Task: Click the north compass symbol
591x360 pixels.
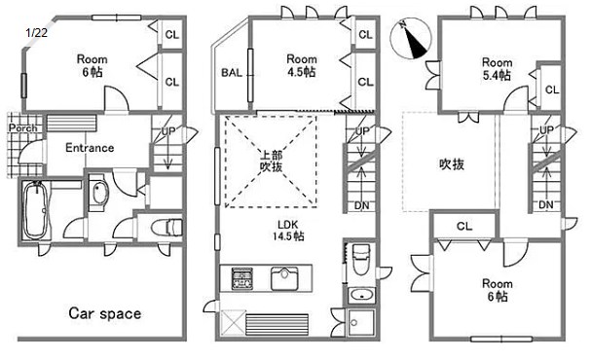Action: point(412,39)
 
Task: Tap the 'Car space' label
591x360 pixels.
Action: point(104,313)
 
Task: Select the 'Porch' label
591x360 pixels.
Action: point(21,127)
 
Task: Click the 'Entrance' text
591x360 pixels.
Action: point(90,148)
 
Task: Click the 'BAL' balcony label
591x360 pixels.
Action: point(232,73)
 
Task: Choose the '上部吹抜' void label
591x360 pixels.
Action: point(271,161)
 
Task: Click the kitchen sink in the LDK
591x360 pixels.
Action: point(286,279)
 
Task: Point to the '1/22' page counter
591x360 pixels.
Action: point(36,32)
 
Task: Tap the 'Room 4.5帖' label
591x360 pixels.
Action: point(302,65)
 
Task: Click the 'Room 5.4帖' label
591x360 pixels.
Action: point(497,68)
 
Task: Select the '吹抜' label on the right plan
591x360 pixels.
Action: point(451,163)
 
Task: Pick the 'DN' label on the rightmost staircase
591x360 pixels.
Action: point(546,204)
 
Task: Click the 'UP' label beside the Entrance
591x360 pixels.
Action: point(168,130)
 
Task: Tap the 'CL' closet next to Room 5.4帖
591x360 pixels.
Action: point(552,90)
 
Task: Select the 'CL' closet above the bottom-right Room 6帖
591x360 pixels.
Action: point(463,227)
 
